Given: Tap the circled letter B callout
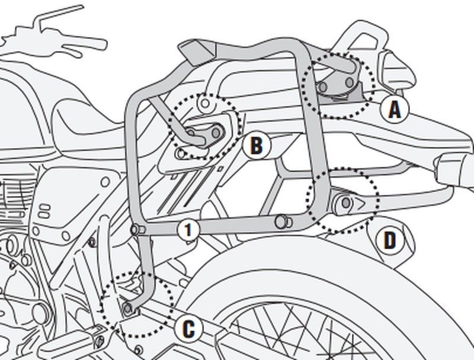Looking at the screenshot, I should (x=255, y=145).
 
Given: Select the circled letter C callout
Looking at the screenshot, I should (x=187, y=329).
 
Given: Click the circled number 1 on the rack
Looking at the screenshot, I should (x=187, y=230).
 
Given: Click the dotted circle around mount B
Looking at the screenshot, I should (x=204, y=126).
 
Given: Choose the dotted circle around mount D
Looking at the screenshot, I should (x=342, y=201).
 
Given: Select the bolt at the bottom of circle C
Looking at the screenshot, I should (x=128, y=309).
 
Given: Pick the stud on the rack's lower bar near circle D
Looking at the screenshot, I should (x=282, y=221).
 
